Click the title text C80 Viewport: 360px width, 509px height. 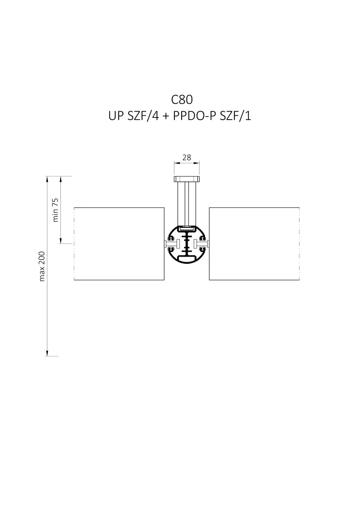182,100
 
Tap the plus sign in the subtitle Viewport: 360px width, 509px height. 166,117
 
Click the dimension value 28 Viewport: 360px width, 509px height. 187,157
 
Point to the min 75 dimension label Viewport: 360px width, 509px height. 56,210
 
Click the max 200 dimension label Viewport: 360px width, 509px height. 42,266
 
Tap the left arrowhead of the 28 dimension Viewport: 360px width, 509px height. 176,163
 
